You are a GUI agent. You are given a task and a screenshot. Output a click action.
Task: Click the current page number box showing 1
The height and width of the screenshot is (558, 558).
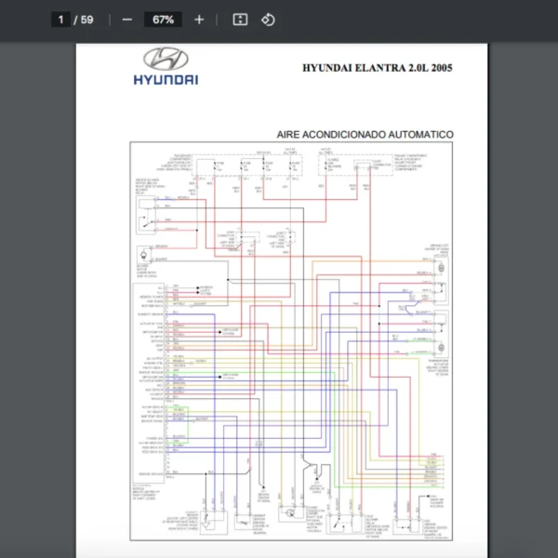point(61,19)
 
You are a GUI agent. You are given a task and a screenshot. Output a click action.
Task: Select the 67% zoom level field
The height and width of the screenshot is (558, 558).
point(163,19)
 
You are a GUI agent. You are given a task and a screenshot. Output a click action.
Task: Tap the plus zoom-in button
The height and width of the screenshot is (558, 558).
point(199,19)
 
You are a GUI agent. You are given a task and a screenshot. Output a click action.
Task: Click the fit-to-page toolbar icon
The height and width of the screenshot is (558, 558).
point(240,19)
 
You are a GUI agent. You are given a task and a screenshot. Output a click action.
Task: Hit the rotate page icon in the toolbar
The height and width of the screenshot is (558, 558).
point(268,19)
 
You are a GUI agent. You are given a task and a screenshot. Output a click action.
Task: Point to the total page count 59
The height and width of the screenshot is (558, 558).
point(87,19)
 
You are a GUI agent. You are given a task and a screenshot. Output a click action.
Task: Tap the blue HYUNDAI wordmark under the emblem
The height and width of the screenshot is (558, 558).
point(166,80)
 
